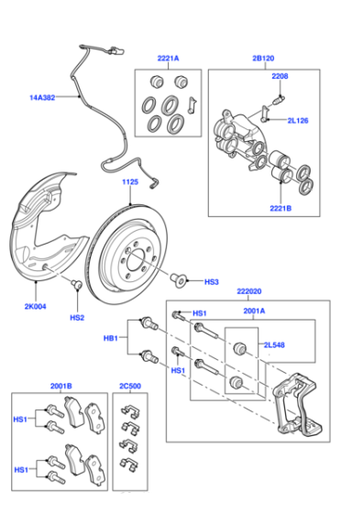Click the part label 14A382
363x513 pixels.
pos(42,97)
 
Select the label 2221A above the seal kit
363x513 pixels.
pos(169,59)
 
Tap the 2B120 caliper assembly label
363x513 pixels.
pos(263,59)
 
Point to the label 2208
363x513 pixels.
pos(280,76)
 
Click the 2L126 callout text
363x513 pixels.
pos(298,120)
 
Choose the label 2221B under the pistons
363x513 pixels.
pos(280,208)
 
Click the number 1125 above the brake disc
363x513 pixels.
pos(130,182)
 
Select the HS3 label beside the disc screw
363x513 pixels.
pos(212,282)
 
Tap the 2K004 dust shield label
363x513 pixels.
pos(36,307)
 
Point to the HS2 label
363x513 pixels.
pos(77,317)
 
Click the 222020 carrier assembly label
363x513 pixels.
pos(249,291)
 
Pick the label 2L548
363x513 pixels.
pos(274,344)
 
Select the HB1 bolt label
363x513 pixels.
pos(111,338)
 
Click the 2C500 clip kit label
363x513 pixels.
pos(130,386)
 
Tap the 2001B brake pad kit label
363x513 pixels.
pos(60,386)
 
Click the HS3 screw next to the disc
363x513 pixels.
pos(179,280)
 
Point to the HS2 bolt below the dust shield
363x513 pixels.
pos(77,284)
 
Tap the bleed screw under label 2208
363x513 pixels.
pos(279,99)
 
